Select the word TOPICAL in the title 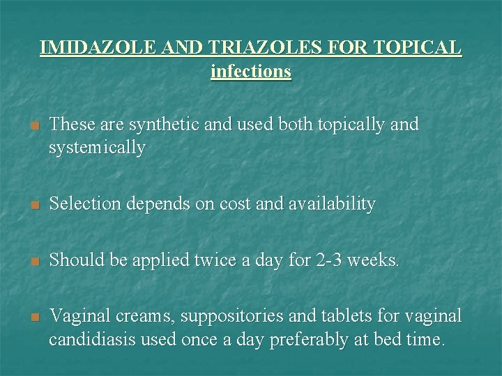pos(416,47)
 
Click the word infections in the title pos(251,71)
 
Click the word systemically pos(98,148)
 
